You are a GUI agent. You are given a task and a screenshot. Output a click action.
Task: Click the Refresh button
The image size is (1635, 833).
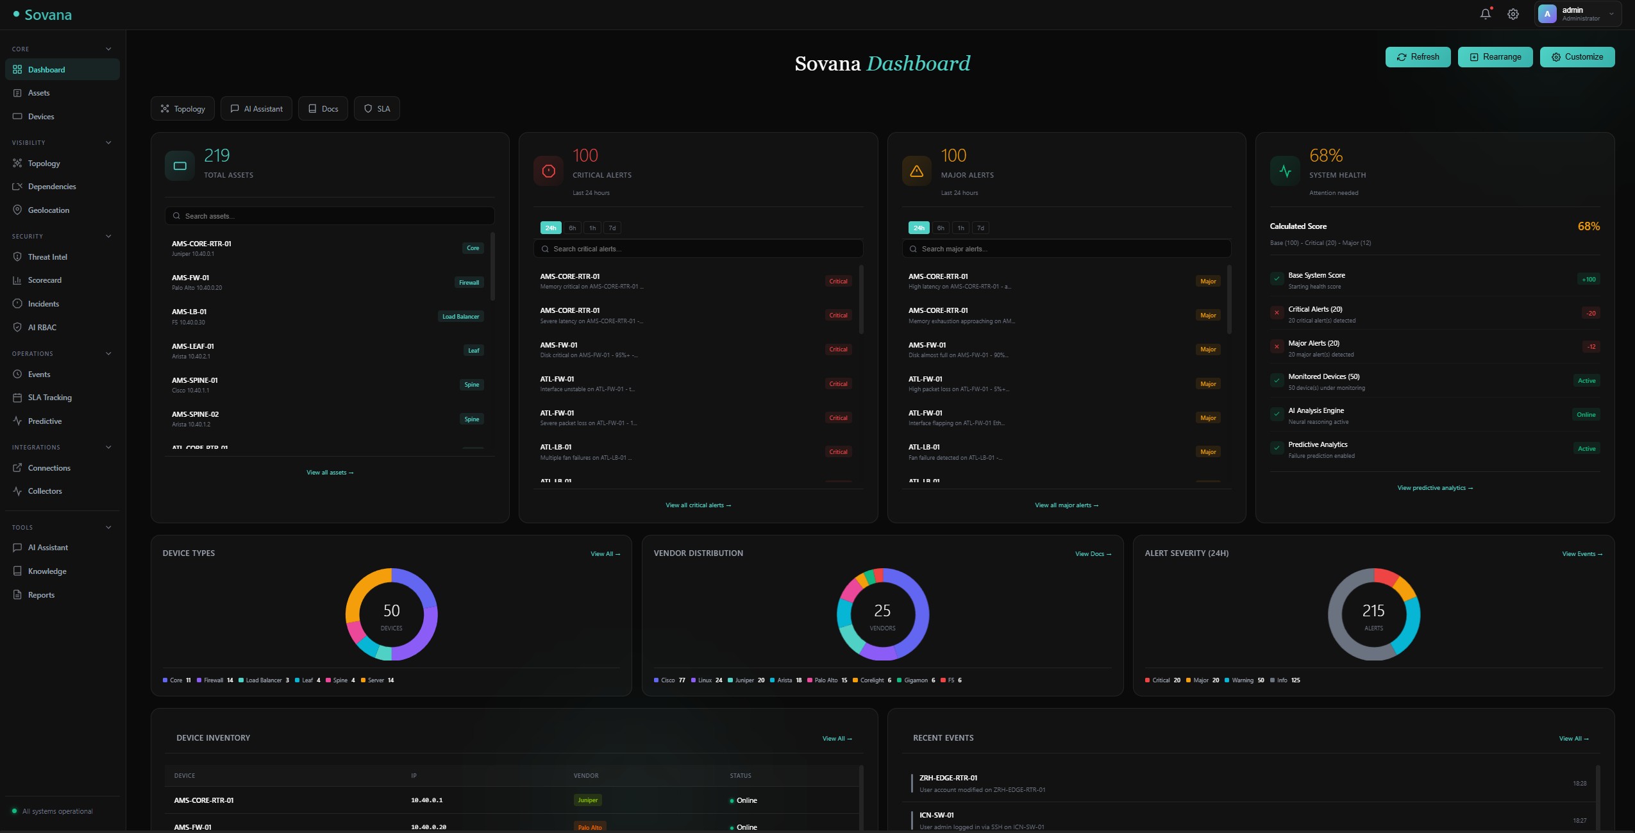click(x=1418, y=57)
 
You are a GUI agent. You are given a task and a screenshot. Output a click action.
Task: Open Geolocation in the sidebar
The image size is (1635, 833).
click(x=48, y=210)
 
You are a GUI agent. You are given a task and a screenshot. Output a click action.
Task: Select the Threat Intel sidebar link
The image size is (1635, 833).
click(x=47, y=257)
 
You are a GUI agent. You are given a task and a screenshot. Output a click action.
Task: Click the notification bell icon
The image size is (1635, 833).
click(x=1485, y=13)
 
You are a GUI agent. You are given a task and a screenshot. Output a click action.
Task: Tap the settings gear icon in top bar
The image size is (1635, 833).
click(x=1513, y=13)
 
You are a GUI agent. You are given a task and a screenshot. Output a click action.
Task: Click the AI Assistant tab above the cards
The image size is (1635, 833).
click(x=256, y=109)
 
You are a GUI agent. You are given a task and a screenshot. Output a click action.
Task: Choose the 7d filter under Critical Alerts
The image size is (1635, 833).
click(x=612, y=228)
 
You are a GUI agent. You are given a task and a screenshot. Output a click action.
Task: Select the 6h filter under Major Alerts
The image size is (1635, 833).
click(x=941, y=228)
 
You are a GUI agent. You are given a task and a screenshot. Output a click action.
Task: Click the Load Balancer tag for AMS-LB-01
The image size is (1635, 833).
click(x=460, y=317)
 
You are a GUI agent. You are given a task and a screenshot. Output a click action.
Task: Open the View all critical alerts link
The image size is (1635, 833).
click(x=698, y=505)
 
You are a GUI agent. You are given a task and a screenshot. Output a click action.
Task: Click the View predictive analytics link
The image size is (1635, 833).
click(x=1434, y=488)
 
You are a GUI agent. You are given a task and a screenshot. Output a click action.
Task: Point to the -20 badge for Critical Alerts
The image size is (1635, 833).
click(x=1591, y=314)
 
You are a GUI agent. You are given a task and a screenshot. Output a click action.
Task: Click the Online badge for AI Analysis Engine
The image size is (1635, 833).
click(x=1586, y=415)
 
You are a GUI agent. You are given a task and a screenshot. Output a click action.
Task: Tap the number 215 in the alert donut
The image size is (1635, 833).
click(x=1373, y=610)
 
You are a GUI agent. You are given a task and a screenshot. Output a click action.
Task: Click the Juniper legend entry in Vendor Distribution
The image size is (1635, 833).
click(x=745, y=680)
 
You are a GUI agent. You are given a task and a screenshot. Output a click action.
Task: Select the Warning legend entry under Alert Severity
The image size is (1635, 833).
click(x=1243, y=680)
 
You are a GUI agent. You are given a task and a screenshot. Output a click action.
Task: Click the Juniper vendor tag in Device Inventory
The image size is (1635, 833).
click(x=587, y=800)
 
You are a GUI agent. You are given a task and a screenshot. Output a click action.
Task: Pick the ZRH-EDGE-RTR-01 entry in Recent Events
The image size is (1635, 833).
click(x=948, y=778)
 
